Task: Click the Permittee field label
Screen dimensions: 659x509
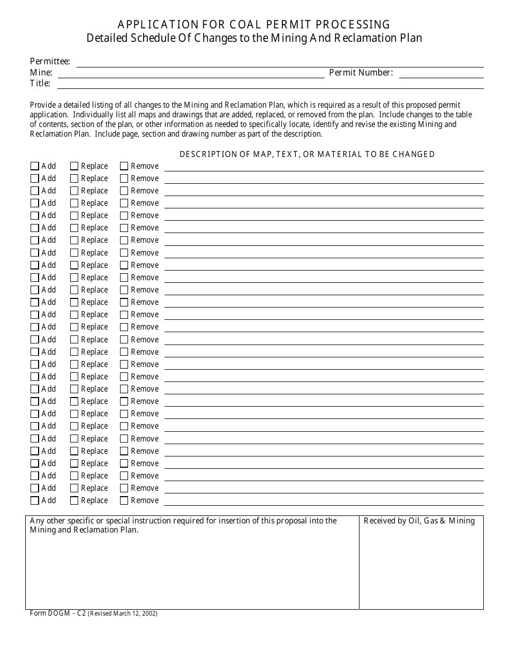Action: coord(49,62)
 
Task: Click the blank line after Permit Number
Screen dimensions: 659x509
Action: coord(441,73)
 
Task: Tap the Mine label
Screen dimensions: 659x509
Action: coord(41,73)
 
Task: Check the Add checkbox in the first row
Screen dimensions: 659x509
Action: coord(35,166)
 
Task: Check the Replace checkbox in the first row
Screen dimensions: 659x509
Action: coord(74,166)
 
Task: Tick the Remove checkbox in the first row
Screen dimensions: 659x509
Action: coord(124,166)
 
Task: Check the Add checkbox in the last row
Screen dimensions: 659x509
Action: coord(35,500)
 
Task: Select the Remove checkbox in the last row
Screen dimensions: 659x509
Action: coord(124,500)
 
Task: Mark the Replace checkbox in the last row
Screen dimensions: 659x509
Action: coord(74,500)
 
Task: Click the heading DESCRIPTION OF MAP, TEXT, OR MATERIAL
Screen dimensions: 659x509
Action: coord(306,154)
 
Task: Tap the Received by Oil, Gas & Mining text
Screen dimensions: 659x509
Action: coord(419,521)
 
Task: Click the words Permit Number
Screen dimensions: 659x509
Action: coord(361,73)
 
